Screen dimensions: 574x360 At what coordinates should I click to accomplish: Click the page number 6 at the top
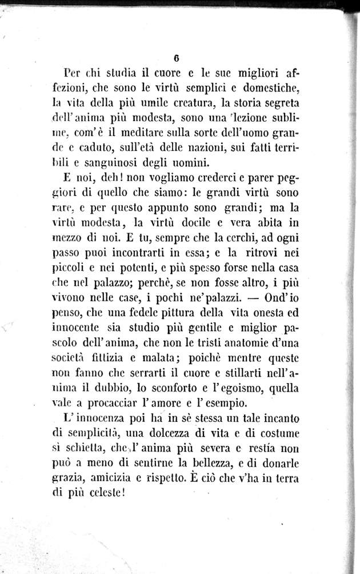pos(178,58)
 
